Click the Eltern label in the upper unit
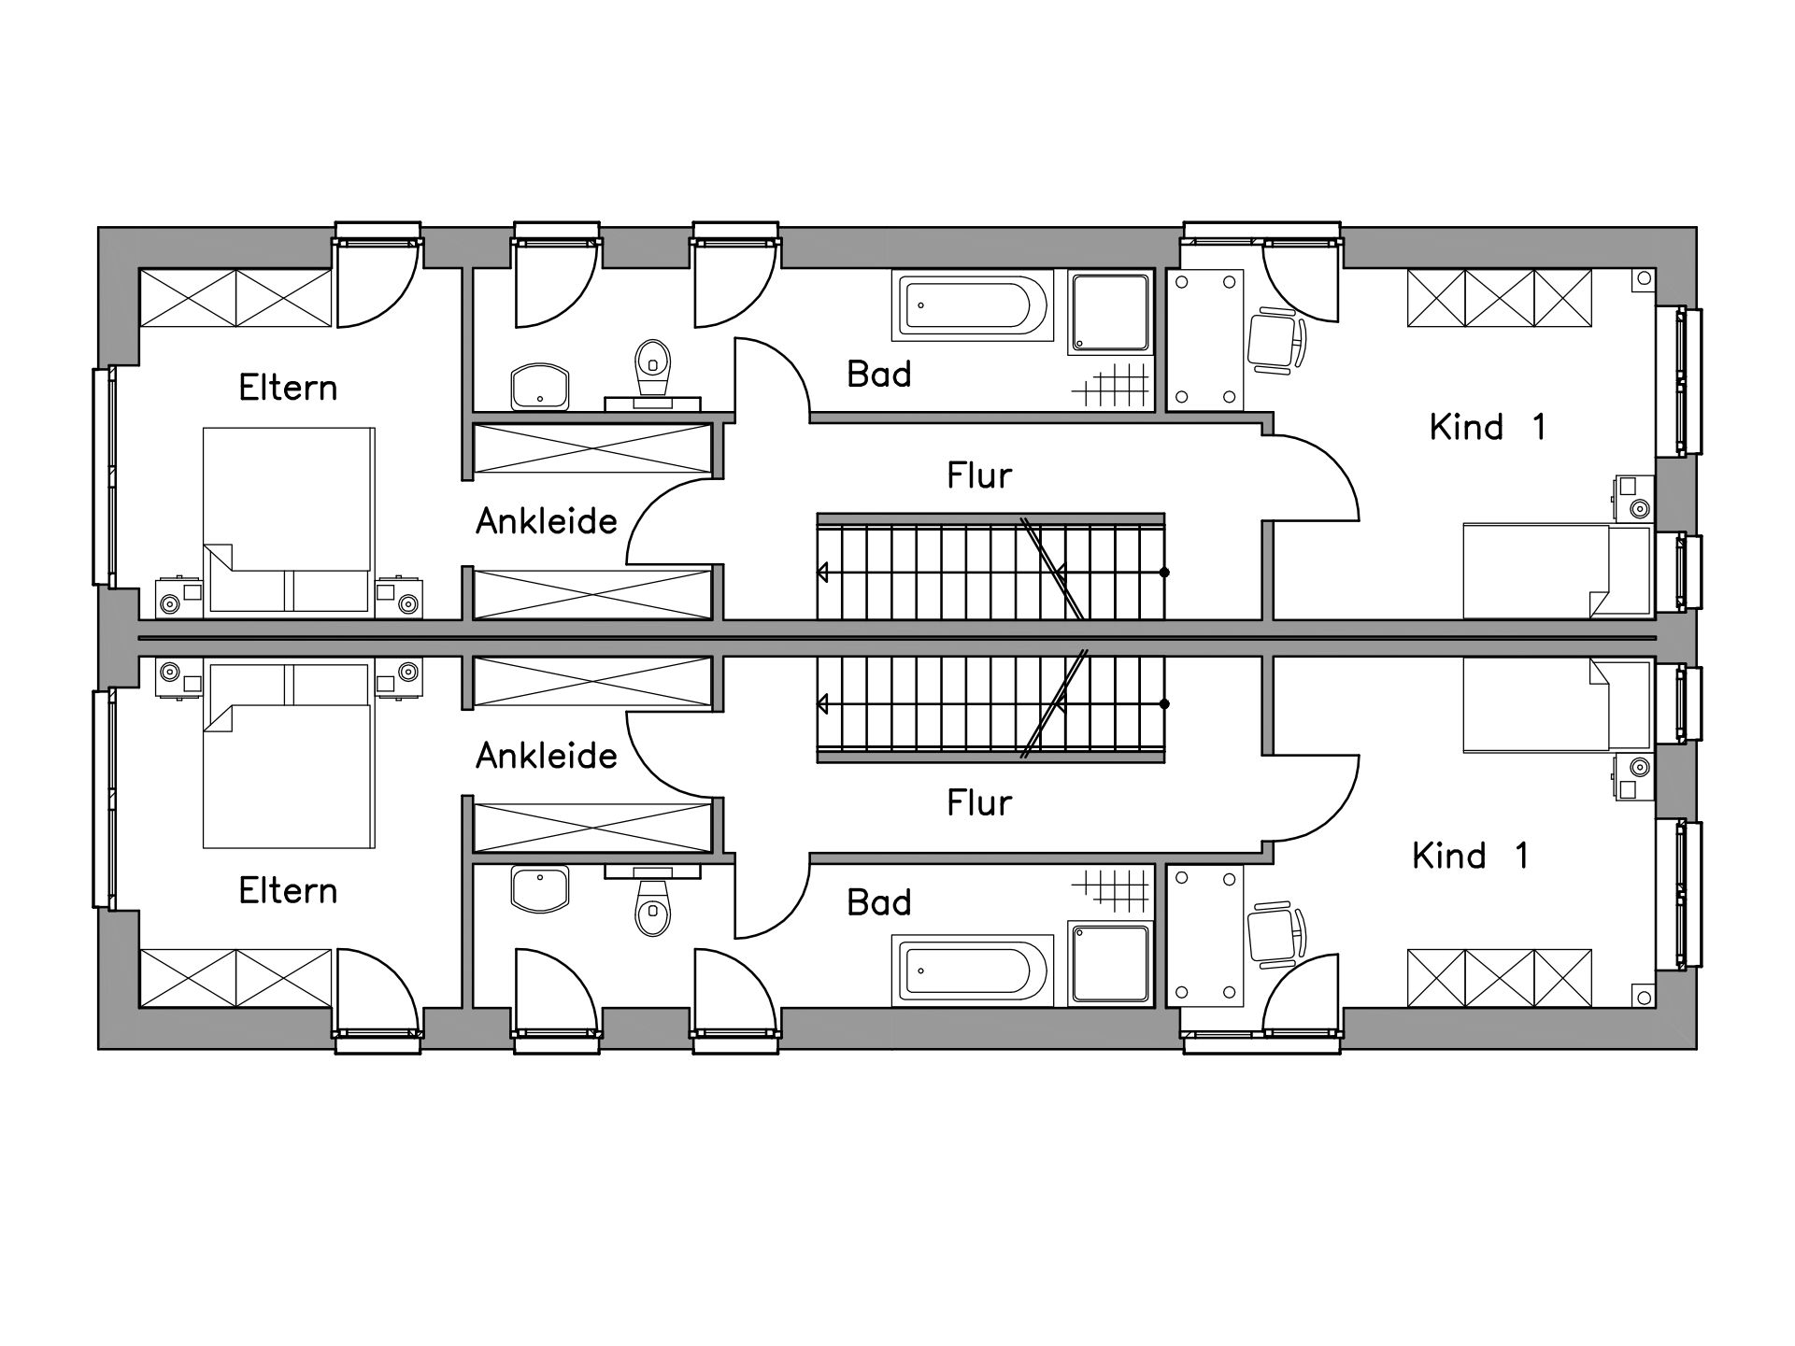(288, 388)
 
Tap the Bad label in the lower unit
(879, 902)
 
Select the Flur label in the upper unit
(979, 475)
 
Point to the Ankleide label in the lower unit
(547, 756)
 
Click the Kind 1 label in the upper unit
(1488, 427)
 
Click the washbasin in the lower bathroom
(540, 888)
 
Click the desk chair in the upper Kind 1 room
(1276, 343)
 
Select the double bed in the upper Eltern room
(290, 520)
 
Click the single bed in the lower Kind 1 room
(1557, 705)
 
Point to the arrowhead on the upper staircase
(822, 572)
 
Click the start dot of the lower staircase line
(1164, 703)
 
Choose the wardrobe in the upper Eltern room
(235, 298)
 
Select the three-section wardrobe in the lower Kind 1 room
(1500, 978)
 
